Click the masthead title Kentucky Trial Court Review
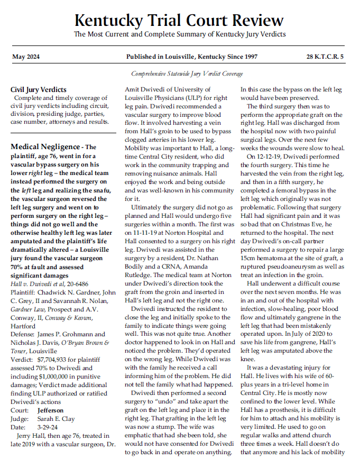click(x=179, y=21)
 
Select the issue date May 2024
click(x=26, y=57)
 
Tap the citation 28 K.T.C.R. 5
click(x=325, y=57)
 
